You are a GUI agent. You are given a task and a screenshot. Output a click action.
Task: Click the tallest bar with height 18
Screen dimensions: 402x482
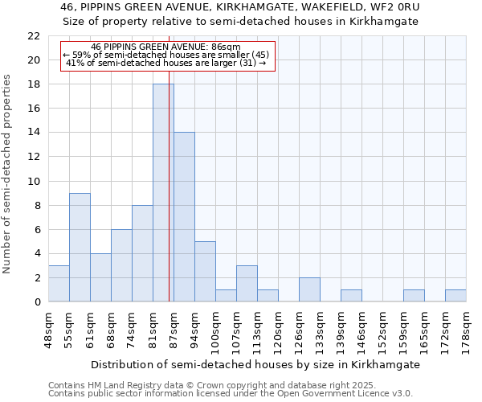pyautogui.click(x=163, y=193)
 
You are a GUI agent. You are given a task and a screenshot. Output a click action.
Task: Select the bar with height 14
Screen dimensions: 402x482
pyautogui.click(x=184, y=217)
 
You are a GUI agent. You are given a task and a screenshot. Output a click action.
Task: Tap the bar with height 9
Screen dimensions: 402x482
pyautogui.click(x=80, y=247)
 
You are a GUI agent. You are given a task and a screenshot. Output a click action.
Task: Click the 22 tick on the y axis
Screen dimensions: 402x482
pyautogui.click(x=33, y=36)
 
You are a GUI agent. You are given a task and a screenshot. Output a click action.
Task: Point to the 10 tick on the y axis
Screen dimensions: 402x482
pyautogui.click(x=33, y=181)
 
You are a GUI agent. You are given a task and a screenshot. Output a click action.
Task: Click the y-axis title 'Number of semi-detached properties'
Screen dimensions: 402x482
pyautogui.click(x=8, y=174)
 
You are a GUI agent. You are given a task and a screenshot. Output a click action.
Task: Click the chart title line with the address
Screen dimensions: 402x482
pyautogui.click(x=240, y=7)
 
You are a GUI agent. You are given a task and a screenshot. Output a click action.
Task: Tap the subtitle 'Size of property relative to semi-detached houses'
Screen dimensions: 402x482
pyautogui.click(x=240, y=22)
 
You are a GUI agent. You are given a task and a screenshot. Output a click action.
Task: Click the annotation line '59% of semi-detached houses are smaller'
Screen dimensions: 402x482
pyautogui.click(x=165, y=55)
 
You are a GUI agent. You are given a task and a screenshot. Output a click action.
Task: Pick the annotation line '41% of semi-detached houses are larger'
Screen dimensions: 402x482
pyautogui.click(x=165, y=63)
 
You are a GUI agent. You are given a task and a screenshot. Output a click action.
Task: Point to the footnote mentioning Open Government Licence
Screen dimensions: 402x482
pyautogui.click(x=231, y=394)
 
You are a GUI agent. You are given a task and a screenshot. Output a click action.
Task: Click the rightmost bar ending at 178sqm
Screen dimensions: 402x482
pyautogui.click(x=455, y=295)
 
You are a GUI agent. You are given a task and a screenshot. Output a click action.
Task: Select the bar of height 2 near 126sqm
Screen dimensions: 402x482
pyautogui.click(x=309, y=289)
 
